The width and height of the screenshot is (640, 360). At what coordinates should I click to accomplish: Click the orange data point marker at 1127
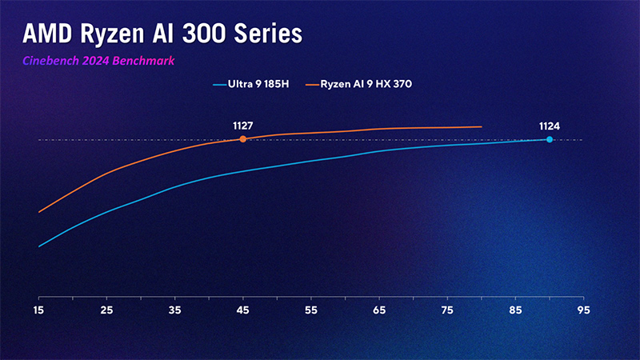point(242,139)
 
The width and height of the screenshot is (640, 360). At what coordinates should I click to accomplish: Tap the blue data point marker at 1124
point(549,139)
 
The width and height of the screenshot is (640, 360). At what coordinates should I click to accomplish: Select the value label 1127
point(242,126)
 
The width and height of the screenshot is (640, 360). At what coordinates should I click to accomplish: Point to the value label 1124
point(550,126)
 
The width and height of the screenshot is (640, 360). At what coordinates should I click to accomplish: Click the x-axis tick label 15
point(38,310)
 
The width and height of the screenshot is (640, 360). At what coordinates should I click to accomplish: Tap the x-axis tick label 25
point(107,310)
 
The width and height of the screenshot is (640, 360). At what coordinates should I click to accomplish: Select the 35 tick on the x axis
point(175,310)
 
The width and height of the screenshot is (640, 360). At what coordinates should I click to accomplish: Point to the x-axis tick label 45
point(243,310)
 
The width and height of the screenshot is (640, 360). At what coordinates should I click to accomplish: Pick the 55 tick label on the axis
point(311,310)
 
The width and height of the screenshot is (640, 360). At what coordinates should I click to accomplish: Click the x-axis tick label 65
point(379,310)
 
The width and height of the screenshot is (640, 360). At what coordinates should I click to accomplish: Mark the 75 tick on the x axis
point(447,310)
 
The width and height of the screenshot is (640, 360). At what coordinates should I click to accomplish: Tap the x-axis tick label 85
point(515,310)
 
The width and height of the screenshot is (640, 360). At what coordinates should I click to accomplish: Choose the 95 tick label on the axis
point(583,310)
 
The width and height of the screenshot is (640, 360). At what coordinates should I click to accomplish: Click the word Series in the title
point(272,34)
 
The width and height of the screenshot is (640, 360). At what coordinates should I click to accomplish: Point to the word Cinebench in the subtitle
point(50,60)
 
